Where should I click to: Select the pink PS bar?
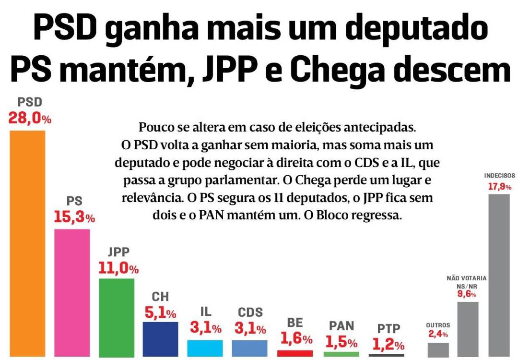[x=72, y=293]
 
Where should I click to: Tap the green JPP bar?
[x=117, y=317]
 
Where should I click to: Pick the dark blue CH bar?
[x=160, y=339]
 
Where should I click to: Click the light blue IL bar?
[x=205, y=348]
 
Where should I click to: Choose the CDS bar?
[x=249, y=348]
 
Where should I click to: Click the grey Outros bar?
[x=438, y=349]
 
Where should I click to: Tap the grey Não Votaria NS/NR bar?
[x=468, y=329]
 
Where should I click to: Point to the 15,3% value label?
[x=74, y=217]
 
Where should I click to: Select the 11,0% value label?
[x=118, y=268]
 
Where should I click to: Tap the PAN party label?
[x=341, y=326]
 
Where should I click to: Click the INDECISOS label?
[x=500, y=176]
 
